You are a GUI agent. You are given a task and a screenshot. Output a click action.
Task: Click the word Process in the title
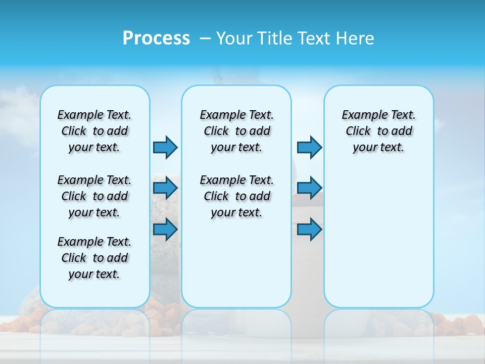click(x=156, y=38)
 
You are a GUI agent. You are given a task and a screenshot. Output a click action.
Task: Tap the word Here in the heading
click(x=355, y=38)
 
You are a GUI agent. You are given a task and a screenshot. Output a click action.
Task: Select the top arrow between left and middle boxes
click(x=165, y=147)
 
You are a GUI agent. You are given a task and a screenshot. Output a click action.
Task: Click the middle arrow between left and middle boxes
click(x=165, y=189)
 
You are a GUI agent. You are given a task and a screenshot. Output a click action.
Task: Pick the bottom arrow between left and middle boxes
click(x=165, y=230)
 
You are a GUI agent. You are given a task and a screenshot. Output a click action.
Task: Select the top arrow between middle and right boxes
click(x=309, y=147)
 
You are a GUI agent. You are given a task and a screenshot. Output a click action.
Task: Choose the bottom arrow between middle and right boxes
click(x=309, y=230)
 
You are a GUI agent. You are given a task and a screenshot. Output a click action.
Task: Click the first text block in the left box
click(x=94, y=131)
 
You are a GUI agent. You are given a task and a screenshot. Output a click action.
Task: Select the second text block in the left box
click(x=94, y=196)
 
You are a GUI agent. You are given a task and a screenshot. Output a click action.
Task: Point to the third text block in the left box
click(x=94, y=258)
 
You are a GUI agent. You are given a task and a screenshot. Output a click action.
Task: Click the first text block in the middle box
click(x=237, y=131)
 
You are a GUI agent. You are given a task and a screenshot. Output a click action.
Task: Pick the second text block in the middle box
click(x=237, y=196)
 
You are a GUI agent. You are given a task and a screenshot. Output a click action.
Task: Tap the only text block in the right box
click(x=379, y=131)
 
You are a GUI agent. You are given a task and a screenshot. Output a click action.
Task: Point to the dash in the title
click(x=205, y=38)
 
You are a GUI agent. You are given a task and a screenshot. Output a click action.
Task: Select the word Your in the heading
click(x=235, y=38)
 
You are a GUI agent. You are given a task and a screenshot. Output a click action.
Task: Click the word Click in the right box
click(x=358, y=131)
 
